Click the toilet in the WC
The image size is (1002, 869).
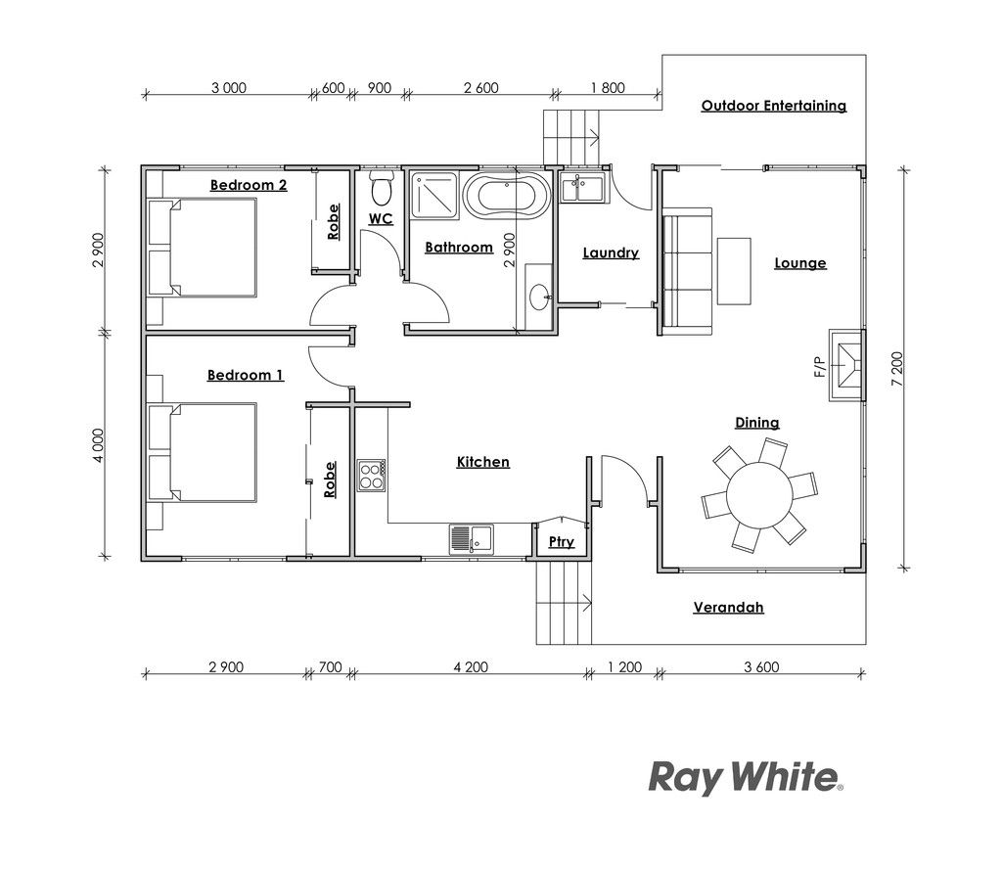382,185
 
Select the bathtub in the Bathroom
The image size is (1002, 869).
507,195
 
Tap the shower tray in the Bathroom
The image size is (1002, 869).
433,195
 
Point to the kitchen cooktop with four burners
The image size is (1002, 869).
371,476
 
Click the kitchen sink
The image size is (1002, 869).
472,539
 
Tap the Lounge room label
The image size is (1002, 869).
800,263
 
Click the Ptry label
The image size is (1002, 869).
561,542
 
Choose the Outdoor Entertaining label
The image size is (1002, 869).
774,106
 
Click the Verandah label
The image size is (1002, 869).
728,608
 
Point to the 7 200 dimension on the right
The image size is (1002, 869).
897,369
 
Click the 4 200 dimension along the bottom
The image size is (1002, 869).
471,667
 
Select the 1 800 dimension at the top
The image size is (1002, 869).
608,88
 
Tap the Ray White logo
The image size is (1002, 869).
746,778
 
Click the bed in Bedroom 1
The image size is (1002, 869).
203,453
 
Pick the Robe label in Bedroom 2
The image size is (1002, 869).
333,222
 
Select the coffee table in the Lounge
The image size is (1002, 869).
734,272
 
